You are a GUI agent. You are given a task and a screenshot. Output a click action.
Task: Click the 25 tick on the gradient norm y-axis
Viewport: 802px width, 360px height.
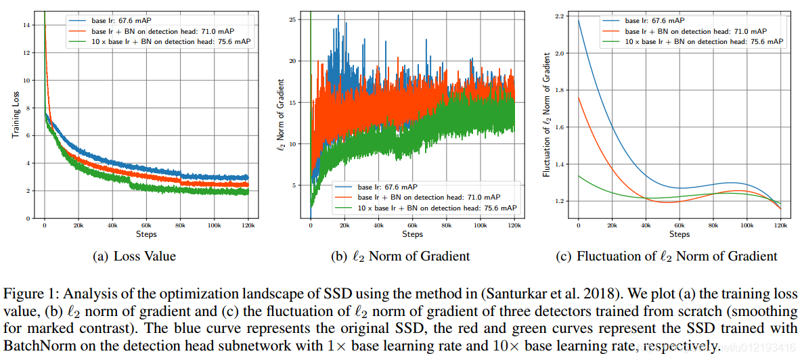tap(293, 20)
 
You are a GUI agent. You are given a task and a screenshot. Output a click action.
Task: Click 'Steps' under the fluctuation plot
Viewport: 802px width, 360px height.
tap(680, 234)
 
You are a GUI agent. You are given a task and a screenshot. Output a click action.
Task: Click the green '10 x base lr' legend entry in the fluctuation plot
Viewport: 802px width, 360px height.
tap(704, 41)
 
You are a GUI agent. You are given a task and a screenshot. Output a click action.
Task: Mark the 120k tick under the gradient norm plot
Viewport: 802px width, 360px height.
tap(514, 226)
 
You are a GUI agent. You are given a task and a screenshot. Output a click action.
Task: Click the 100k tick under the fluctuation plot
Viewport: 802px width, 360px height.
tap(747, 226)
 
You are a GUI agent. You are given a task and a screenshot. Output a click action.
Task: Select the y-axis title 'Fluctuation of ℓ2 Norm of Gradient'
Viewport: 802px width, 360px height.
tap(547, 115)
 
